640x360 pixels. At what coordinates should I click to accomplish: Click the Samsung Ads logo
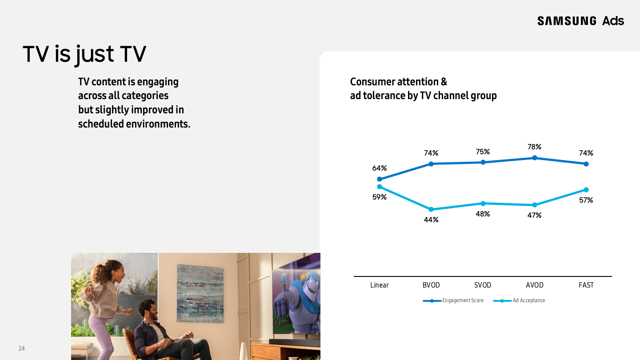click(x=580, y=21)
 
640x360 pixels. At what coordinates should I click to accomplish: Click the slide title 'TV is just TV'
click(x=84, y=54)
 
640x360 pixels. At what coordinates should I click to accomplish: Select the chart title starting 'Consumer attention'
click(x=423, y=88)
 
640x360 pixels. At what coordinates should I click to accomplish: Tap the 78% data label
click(x=534, y=147)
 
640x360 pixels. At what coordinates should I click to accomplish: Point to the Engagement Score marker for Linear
click(x=380, y=179)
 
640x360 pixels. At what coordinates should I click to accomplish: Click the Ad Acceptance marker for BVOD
click(x=431, y=209)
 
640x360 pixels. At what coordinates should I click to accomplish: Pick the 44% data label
click(x=431, y=220)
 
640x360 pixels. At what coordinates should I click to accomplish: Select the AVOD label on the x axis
click(x=534, y=285)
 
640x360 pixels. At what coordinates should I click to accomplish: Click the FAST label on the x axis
click(x=586, y=285)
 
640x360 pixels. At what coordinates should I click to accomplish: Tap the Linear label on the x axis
click(x=380, y=285)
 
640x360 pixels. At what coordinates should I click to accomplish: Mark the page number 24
click(x=22, y=348)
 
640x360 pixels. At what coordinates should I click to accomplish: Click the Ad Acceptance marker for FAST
click(x=586, y=190)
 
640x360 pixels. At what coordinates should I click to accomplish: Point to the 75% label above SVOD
click(x=483, y=152)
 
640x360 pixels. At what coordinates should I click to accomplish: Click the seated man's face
click(x=150, y=310)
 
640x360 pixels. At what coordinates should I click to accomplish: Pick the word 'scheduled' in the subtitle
click(x=101, y=124)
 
